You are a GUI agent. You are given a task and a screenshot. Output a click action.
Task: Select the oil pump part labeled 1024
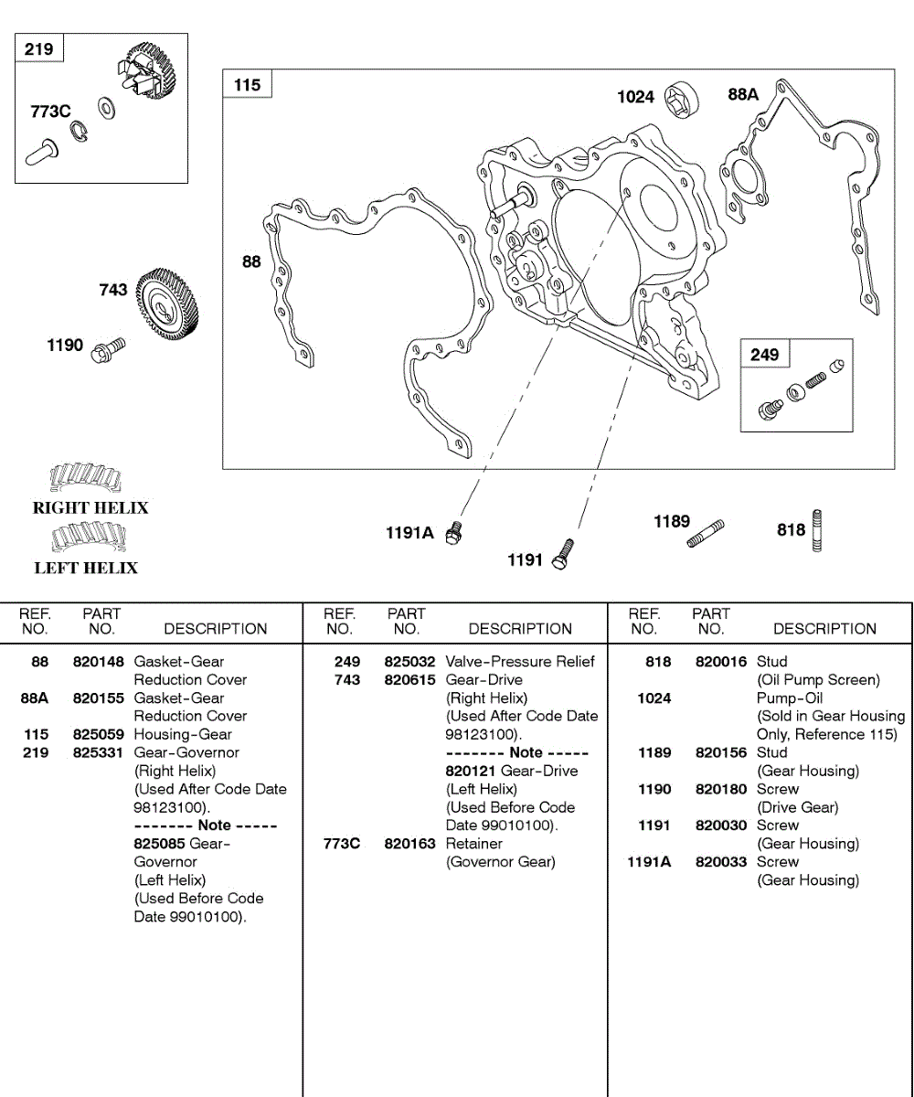tap(681, 96)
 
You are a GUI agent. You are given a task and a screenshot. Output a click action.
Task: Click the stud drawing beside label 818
tap(817, 530)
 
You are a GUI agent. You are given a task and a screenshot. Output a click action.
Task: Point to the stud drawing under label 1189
tap(705, 535)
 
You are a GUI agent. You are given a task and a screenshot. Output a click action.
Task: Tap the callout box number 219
tap(38, 49)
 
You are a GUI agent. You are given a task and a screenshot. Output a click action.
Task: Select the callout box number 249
tap(764, 355)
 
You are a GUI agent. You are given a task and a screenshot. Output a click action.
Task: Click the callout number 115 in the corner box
tap(247, 85)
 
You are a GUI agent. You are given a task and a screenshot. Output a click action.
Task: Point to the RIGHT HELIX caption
tap(90, 508)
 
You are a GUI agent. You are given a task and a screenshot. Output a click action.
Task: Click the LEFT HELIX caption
tap(86, 569)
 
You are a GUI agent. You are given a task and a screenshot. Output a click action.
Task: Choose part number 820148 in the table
tap(98, 662)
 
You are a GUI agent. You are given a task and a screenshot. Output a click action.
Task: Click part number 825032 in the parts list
tap(409, 662)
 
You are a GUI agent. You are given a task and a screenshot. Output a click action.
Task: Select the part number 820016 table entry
tap(721, 662)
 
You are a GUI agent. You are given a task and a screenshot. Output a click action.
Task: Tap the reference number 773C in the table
tap(341, 844)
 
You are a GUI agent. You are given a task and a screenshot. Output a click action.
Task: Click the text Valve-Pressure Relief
tap(519, 662)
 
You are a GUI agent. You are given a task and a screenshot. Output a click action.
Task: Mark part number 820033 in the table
tap(721, 862)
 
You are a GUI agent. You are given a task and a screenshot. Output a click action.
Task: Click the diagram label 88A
tap(743, 93)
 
